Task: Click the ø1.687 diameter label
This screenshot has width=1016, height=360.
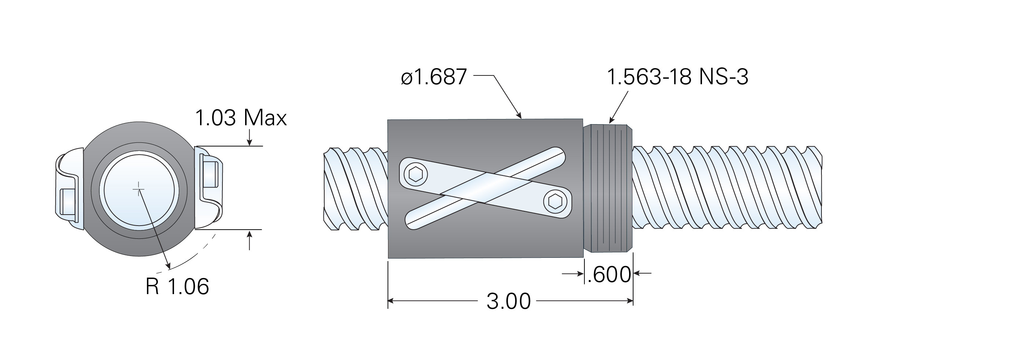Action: [x=434, y=77]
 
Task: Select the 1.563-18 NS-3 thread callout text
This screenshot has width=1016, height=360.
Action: [x=677, y=77]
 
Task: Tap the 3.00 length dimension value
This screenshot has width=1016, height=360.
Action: [x=509, y=302]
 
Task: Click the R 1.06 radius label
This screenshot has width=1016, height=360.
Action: [x=177, y=287]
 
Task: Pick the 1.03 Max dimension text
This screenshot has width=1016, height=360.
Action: [x=241, y=118]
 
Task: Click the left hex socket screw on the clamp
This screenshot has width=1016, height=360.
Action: [x=416, y=174]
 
